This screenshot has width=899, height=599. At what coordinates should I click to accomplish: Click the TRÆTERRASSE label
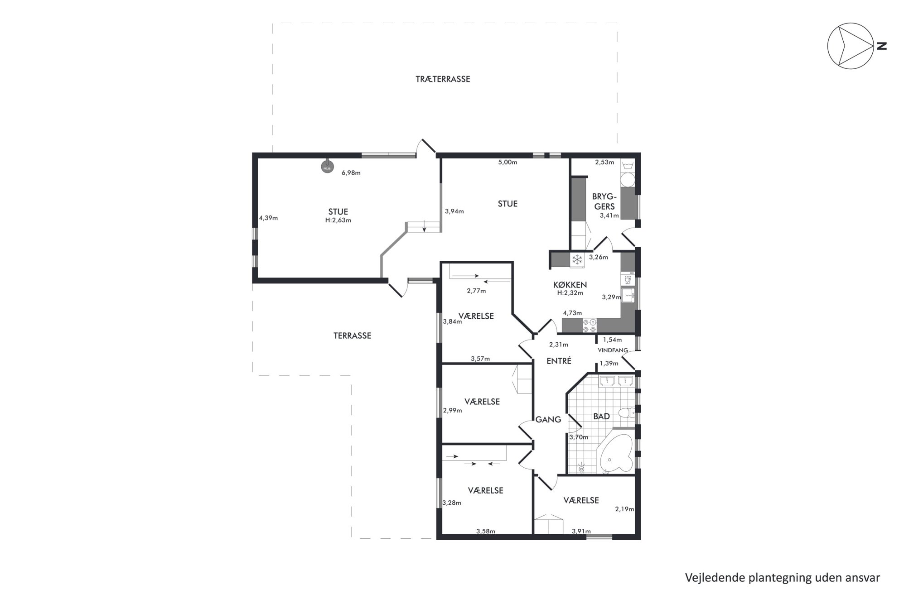point(443,79)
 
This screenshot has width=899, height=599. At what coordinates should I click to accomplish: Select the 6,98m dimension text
point(351,173)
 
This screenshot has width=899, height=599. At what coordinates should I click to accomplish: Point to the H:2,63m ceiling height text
point(338,220)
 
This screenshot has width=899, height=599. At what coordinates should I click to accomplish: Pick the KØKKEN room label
point(570,285)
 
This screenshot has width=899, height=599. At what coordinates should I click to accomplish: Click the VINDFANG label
point(613,350)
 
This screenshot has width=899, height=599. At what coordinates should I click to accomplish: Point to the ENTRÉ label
point(559,361)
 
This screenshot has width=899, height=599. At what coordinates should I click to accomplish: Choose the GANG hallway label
point(548,420)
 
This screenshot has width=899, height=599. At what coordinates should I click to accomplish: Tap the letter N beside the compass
point(882,46)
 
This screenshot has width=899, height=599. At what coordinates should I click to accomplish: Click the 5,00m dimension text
point(507,162)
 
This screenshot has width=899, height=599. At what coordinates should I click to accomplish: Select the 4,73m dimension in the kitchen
point(572,313)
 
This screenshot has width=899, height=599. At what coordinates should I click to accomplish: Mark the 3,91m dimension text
point(581,531)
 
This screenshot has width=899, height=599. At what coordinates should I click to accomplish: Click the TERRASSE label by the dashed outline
point(352,336)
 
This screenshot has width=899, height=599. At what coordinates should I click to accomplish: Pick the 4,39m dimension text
point(268,218)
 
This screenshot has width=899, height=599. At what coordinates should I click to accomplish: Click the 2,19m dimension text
point(624,509)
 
